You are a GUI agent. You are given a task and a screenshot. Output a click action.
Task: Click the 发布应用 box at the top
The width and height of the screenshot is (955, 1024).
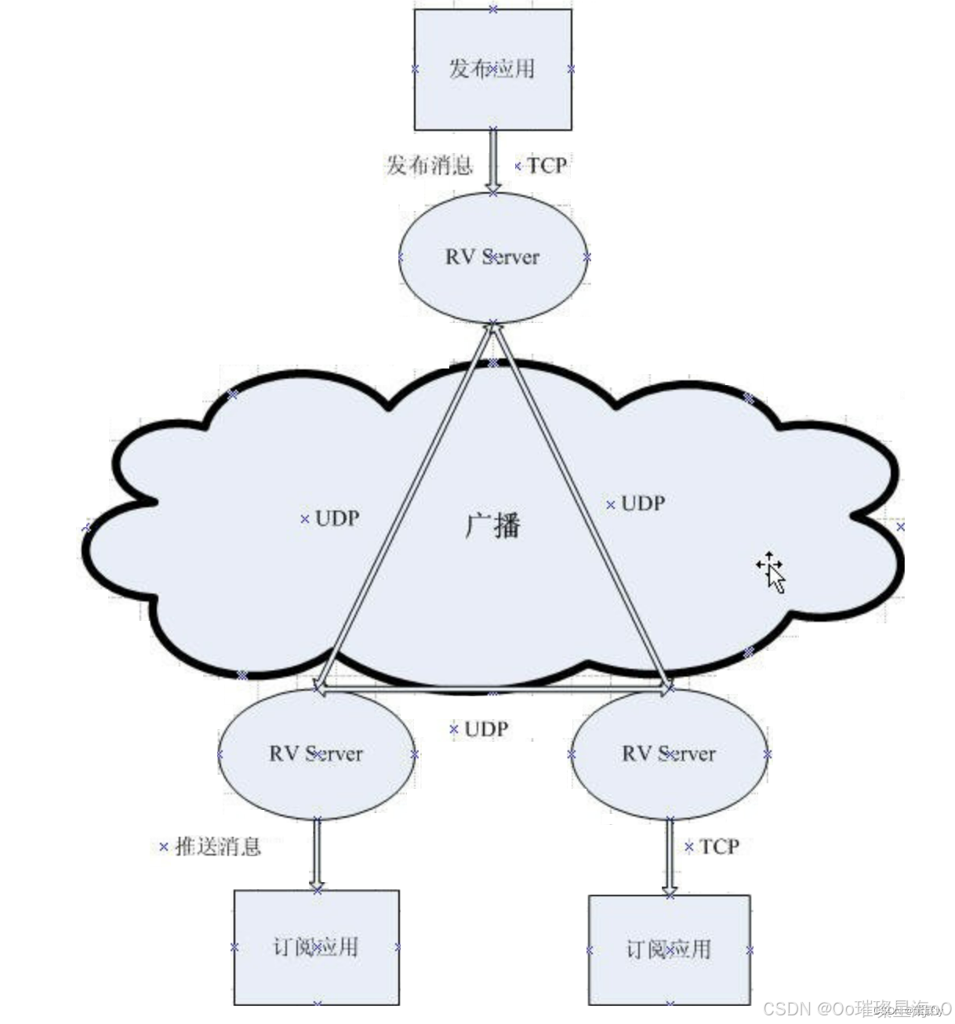[492, 69]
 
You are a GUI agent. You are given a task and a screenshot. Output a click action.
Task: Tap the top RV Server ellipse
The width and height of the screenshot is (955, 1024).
[492, 257]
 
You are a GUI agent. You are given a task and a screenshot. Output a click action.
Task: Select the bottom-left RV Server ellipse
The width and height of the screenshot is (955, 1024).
[316, 754]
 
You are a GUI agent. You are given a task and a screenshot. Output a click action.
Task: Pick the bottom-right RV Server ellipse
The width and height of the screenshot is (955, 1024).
[669, 754]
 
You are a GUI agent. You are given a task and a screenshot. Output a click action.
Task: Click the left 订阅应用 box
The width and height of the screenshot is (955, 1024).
[316, 947]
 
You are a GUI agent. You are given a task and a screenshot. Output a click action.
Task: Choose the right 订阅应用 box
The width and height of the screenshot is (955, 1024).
[669, 950]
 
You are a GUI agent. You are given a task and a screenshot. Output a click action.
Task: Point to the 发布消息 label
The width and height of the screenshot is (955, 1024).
[429, 165]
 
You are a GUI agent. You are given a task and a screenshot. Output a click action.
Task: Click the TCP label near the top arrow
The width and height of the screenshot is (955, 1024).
[546, 165]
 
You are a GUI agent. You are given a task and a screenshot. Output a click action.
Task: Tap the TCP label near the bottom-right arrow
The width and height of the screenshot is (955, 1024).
[719, 847]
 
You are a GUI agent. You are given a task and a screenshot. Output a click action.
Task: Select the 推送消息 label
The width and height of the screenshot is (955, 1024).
[217, 847]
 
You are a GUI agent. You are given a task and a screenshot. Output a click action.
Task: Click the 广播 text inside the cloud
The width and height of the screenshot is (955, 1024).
[492, 525]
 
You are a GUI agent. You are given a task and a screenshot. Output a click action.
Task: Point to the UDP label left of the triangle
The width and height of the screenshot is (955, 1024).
[337, 518]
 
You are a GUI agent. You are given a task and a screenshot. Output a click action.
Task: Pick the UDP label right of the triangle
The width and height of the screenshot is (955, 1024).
[643, 503]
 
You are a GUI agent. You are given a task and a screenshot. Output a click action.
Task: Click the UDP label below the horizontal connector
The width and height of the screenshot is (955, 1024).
[486, 729]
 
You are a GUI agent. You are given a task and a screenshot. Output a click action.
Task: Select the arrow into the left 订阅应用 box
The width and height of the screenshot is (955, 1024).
[317, 855]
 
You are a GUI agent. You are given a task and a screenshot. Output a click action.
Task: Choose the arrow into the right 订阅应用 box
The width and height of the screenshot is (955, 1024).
[669, 856]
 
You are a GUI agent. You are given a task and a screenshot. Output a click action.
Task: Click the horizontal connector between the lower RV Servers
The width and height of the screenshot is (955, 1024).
[492, 689]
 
